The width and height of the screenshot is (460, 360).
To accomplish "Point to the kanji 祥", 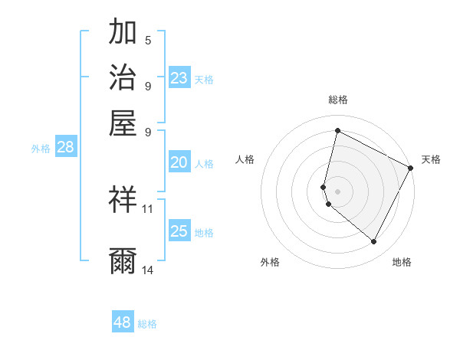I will tap(123, 200).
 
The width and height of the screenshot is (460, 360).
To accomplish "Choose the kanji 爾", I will tap(123, 261).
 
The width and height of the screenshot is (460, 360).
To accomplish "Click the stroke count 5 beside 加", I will tap(148, 41).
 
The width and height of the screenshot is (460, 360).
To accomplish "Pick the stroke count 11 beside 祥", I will tap(148, 208).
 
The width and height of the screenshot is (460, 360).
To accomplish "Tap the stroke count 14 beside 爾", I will tap(148, 270).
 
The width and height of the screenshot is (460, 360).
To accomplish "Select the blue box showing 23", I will tap(179, 78).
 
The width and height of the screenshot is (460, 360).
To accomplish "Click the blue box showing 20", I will tap(179, 162).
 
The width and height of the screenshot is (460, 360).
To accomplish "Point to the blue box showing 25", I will tap(179, 231).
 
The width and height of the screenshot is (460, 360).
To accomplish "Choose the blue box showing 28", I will tap(65, 148).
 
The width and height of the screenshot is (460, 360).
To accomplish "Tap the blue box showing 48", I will tap(123, 322).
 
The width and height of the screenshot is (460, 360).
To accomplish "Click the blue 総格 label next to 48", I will tap(147, 324).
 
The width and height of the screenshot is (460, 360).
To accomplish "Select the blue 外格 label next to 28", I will tap(41, 149).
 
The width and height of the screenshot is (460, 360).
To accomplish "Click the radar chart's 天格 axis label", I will tap(431, 159).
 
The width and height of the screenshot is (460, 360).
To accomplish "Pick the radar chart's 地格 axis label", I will tap(402, 263).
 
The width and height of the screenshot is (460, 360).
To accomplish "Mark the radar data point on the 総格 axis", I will tap(337, 131).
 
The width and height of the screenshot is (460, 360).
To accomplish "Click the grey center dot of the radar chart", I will tap(337, 191).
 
